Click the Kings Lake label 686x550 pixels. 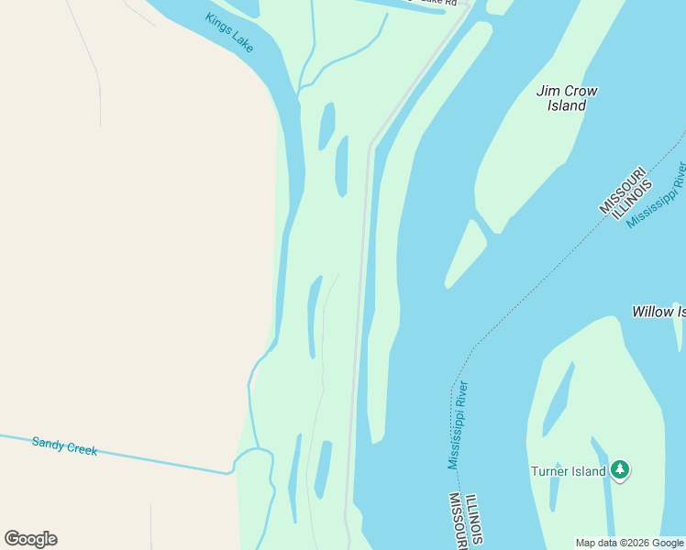[230, 33]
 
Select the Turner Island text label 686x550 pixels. [569, 471]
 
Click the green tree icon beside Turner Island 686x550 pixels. [621, 470]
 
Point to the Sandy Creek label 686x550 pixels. [64, 446]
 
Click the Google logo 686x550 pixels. [31, 539]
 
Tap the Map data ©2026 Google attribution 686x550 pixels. [629, 543]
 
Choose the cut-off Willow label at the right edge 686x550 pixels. [658, 312]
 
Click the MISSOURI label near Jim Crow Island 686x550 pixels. [624, 191]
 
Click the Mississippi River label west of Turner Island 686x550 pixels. [458, 424]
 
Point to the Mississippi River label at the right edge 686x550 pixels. [657, 195]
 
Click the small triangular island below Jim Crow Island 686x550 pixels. [467, 252]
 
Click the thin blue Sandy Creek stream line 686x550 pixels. [138, 457]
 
